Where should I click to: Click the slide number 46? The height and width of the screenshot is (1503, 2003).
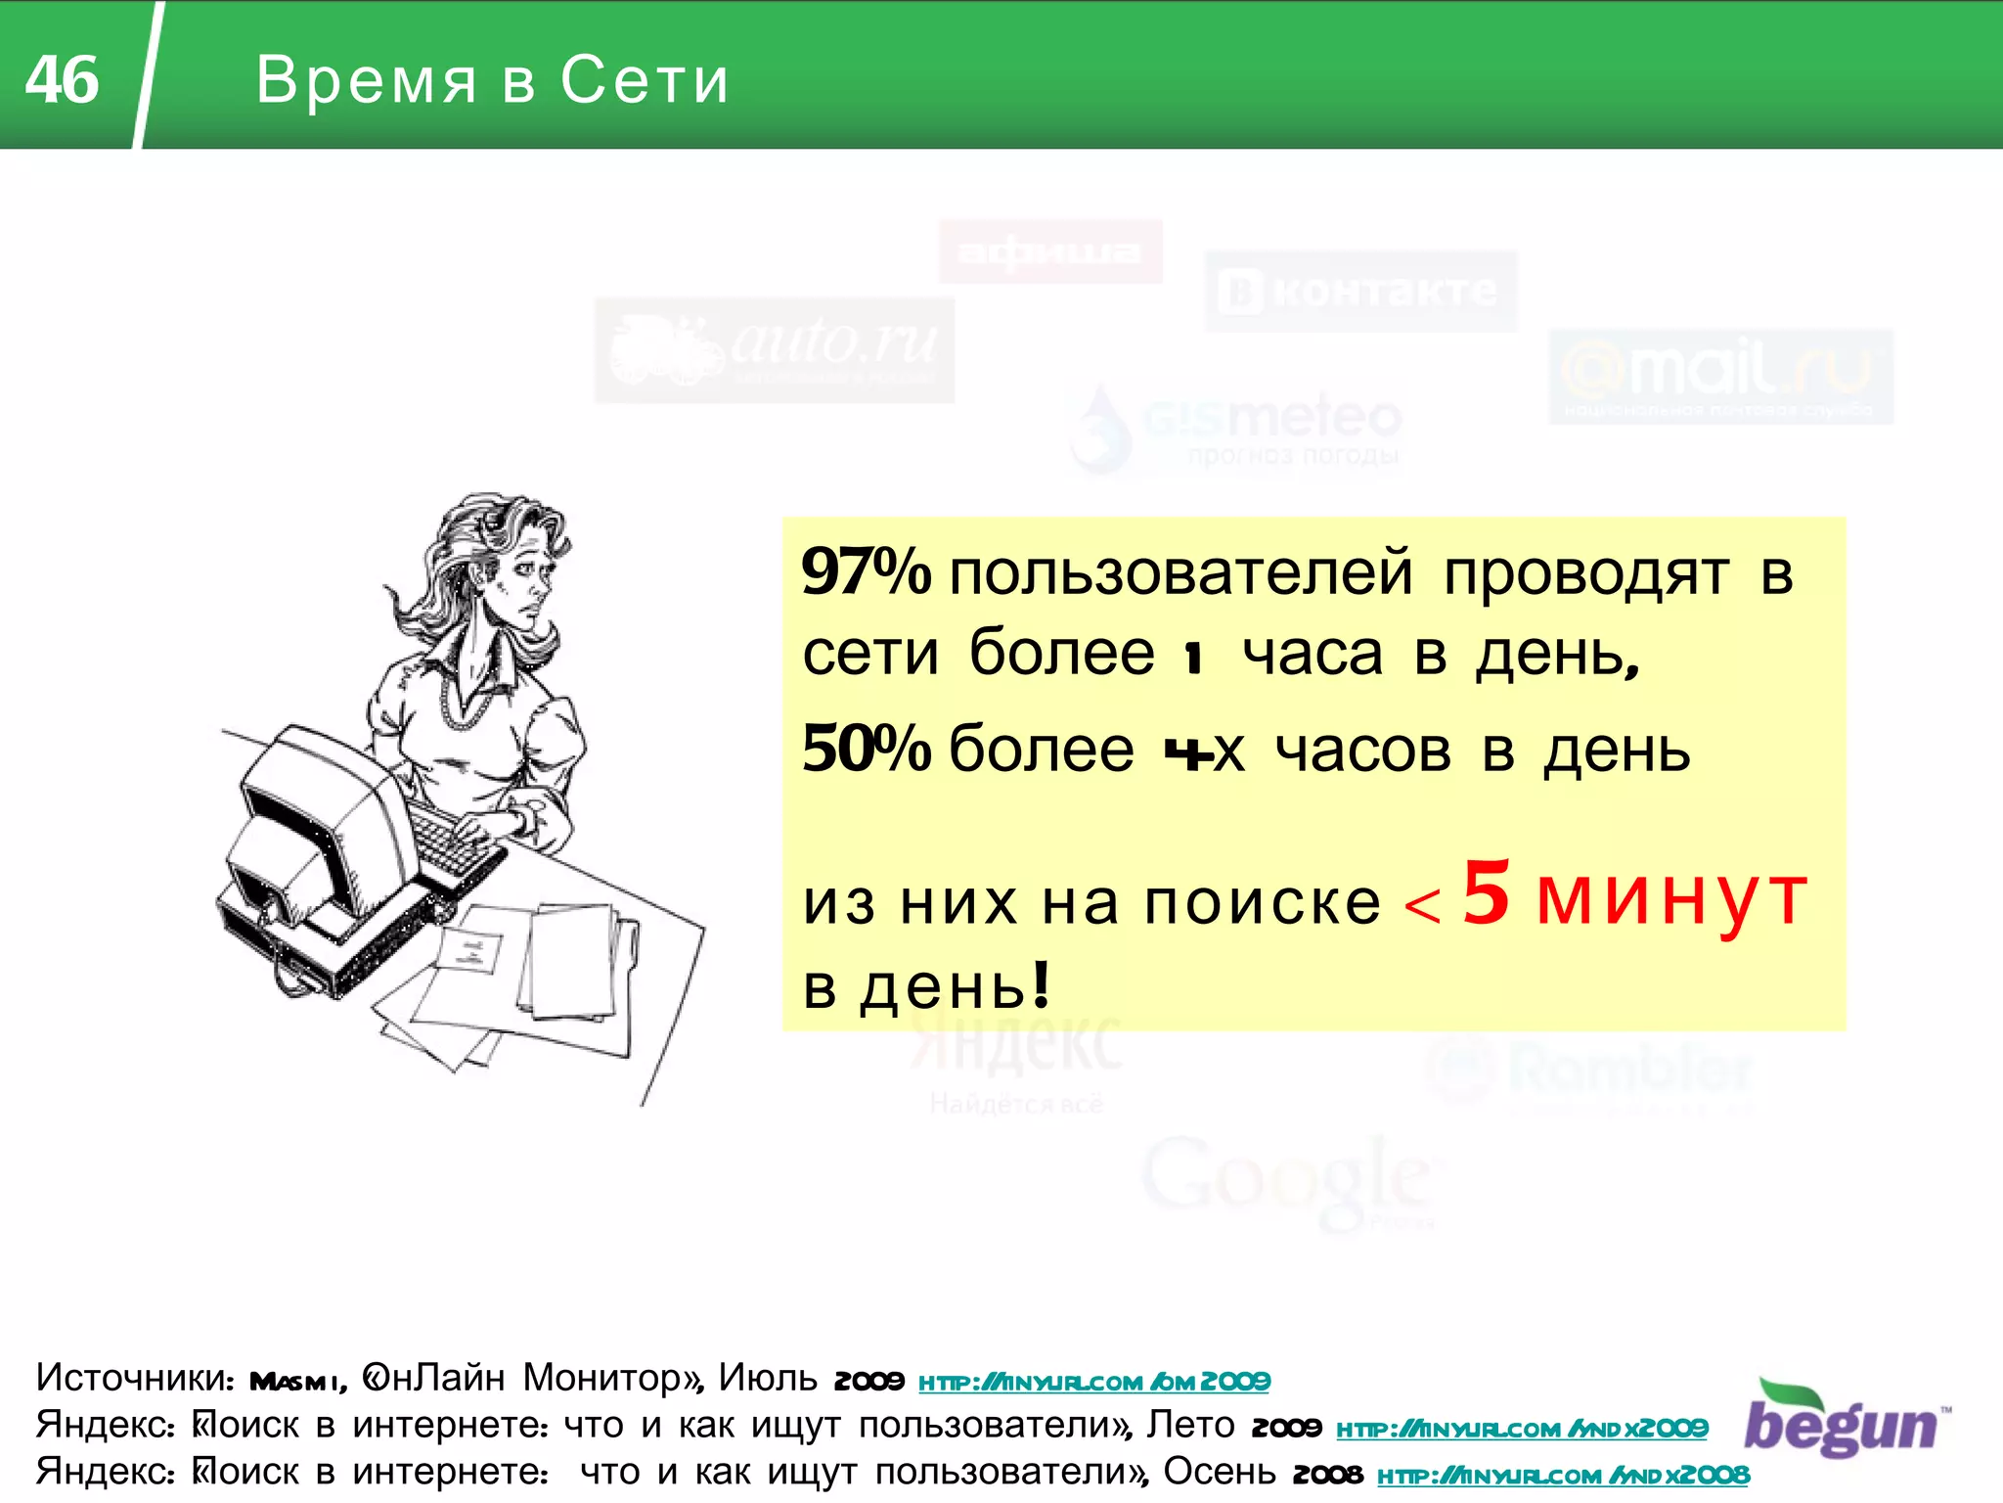(62, 79)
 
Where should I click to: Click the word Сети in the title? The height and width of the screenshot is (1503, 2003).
(645, 79)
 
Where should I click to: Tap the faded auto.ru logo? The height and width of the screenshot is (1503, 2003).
(774, 349)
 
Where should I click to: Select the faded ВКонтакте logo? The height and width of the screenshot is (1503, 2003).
(1359, 292)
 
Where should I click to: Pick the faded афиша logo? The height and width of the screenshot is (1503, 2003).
(1050, 251)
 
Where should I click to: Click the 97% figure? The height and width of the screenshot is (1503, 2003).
(866, 571)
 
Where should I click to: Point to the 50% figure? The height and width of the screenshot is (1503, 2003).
(866, 750)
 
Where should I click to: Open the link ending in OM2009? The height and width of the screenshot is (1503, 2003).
(1093, 1382)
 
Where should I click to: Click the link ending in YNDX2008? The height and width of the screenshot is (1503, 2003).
(1562, 1475)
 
